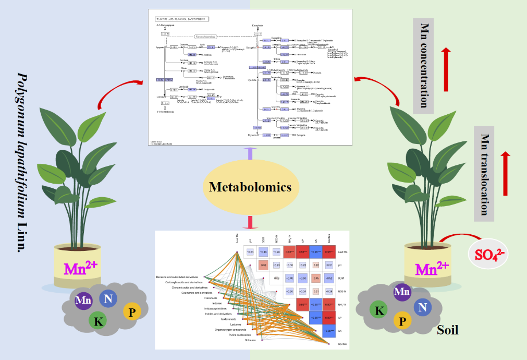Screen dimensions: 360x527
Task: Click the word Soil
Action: (x=448, y=330)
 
